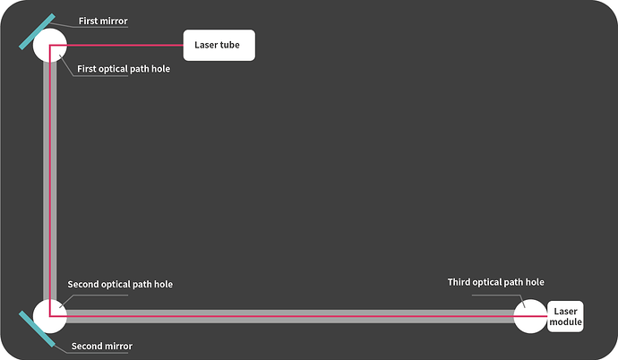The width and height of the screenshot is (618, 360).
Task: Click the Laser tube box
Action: click(219, 45)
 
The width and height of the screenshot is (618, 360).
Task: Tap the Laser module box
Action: click(565, 316)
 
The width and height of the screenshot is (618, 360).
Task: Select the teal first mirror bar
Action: click(37, 31)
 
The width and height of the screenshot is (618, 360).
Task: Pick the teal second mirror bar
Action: click(37, 329)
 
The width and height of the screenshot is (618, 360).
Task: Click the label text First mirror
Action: click(103, 21)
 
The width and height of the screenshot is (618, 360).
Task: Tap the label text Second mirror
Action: click(102, 347)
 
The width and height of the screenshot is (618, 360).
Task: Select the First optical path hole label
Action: click(124, 69)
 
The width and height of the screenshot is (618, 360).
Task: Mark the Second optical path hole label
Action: click(120, 285)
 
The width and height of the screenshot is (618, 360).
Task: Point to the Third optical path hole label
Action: click(496, 282)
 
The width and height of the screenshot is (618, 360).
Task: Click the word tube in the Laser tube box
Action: click(230, 45)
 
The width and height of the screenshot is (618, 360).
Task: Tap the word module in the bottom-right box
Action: click(565, 321)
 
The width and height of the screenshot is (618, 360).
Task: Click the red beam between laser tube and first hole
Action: click(116, 46)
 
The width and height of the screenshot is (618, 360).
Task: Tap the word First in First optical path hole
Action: click(86, 69)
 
